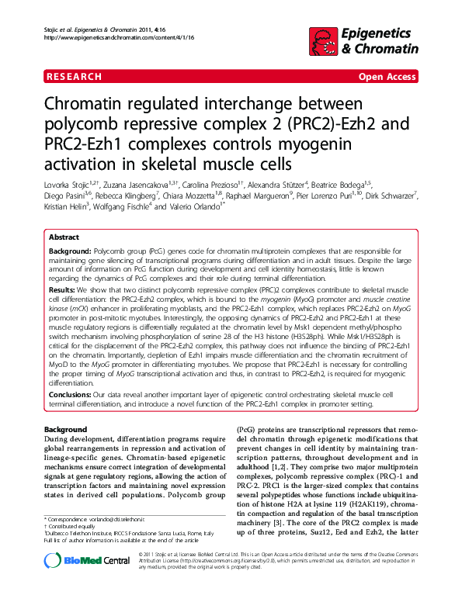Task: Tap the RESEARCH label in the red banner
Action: [x=73, y=77]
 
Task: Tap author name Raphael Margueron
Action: [x=260, y=196]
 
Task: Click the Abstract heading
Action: [x=64, y=237]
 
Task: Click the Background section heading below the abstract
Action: [x=66, y=429]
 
